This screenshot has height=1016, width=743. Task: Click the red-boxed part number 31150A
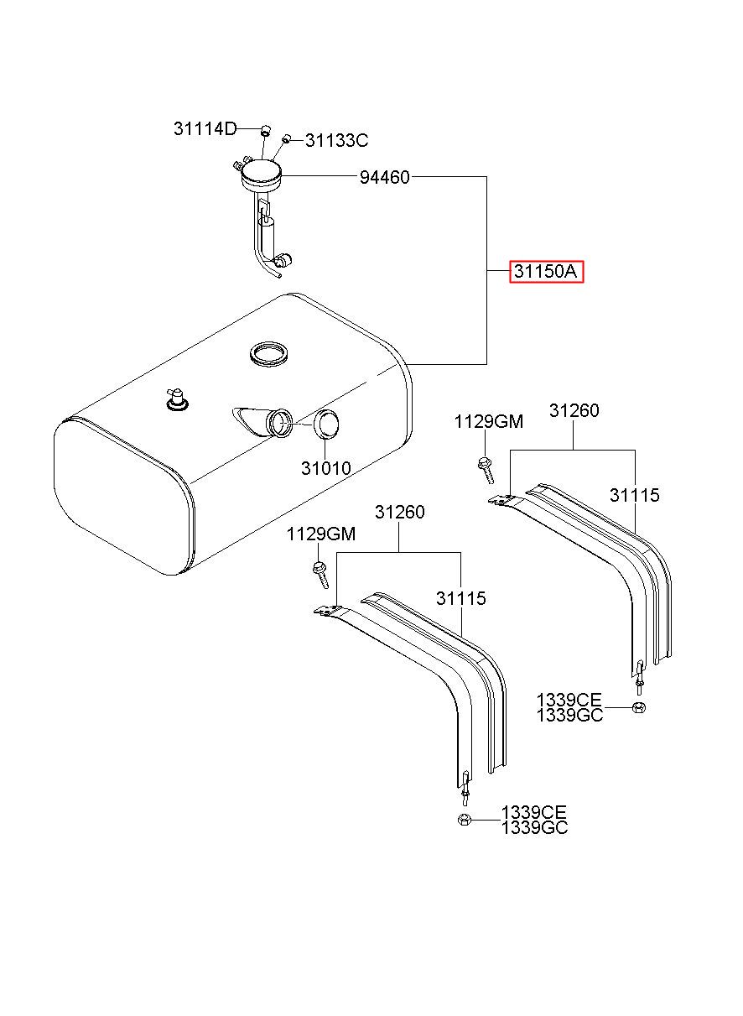point(546,272)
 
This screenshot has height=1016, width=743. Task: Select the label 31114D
point(205,129)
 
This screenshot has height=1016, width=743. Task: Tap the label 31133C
point(337,141)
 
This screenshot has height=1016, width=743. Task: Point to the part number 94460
point(384,177)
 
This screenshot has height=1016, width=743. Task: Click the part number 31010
point(326,468)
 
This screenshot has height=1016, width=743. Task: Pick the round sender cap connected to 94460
point(262,175)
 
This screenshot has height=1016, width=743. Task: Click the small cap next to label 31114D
point(265,129)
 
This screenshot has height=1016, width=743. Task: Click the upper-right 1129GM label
point(489,422)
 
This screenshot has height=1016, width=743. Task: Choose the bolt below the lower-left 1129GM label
point(320,575)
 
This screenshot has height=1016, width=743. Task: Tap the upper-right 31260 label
point(574,410)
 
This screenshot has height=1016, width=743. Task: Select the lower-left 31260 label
point(399,512)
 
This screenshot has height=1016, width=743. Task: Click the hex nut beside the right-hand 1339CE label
point(639,707)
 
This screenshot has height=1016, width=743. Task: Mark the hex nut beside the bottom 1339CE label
point(464,820)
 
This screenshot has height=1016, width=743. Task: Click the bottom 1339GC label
point(534,828)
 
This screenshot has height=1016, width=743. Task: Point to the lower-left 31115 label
point(460,598)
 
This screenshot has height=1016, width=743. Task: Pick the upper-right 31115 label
point(634,495)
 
